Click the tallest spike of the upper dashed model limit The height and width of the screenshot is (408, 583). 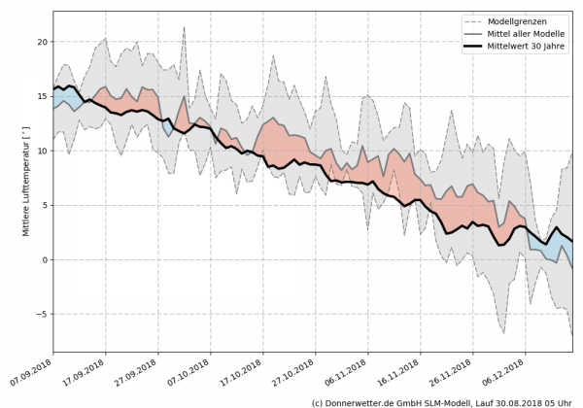[x=185, y=28]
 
